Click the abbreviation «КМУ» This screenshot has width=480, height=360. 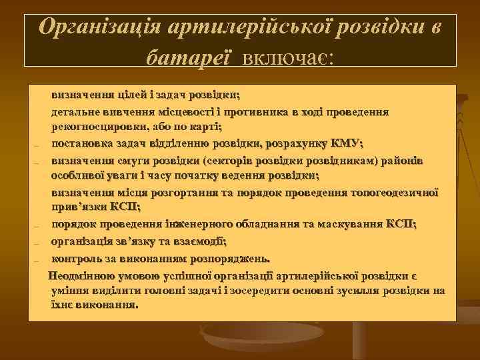344,143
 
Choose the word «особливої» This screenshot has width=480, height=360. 79,175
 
